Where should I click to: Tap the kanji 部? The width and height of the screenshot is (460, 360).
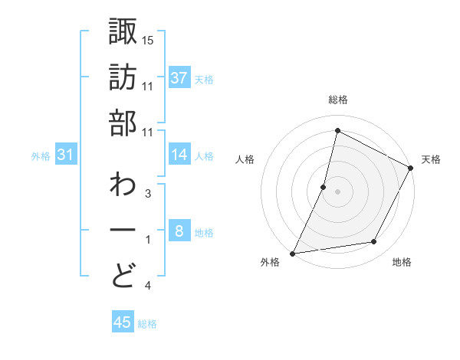[x=123, y=124]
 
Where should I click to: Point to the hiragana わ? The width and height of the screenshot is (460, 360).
[x=123, y=186]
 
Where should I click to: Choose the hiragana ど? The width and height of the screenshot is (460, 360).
[x=123, y=275]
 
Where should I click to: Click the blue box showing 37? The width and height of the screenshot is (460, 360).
[x=179, y=78]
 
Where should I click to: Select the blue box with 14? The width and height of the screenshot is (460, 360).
[x=179, y=155]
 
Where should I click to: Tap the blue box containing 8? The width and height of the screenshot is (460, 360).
[x=179, y=232]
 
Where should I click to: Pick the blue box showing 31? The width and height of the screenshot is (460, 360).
[x=66, y=155]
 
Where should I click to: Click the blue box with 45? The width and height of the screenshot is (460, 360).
[x=123, y=322]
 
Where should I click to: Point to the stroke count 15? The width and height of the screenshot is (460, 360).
[x=148, y=39]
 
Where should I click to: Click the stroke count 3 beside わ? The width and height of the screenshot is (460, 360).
[x=147, y=194]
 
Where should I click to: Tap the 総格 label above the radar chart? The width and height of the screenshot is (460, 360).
[x=337, y=100]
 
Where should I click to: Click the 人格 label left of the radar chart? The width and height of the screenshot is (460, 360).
[x=246, y=159]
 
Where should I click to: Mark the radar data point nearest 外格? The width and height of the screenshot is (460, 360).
[x=292, y=254]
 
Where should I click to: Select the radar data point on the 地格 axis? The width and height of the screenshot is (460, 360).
[x=374, y=242]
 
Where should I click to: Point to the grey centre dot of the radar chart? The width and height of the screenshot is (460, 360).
[x=337, y=191]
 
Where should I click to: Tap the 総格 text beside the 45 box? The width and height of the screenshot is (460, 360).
[x=147, y=323]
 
